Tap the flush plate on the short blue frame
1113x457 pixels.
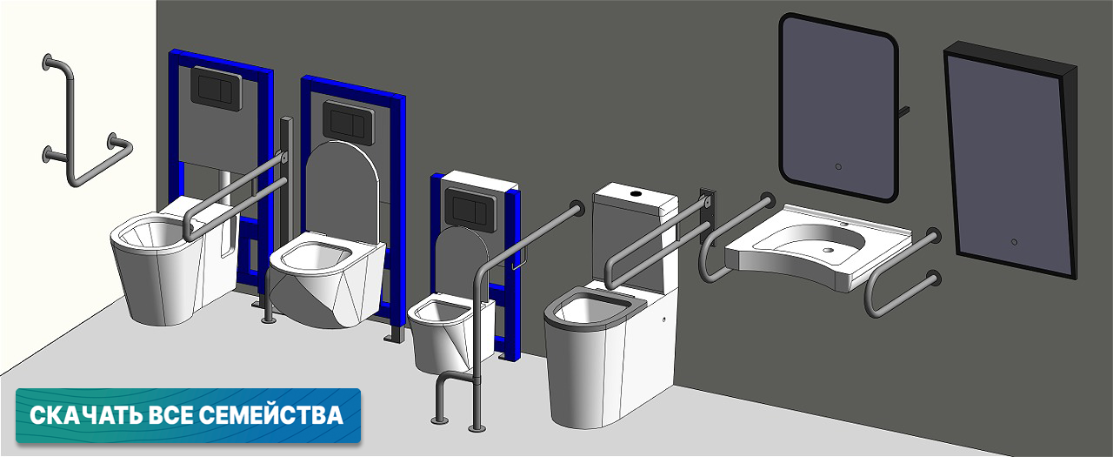pos(470,210)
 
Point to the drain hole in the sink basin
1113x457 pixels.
pos(827,250)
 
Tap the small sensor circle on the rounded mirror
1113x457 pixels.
pos(838,167)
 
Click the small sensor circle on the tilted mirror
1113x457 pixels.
pos(1014,242)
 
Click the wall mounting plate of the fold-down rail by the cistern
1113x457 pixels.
pos(708,217)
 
